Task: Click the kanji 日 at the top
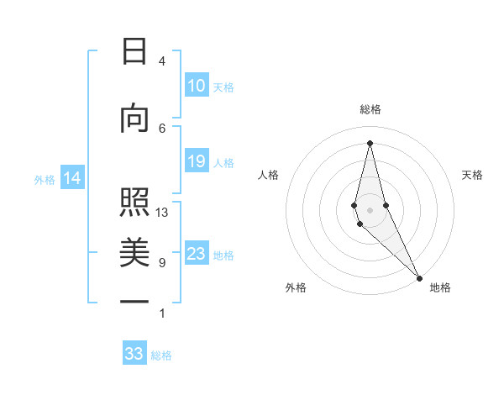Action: [134, 53]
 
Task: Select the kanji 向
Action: [134, 119]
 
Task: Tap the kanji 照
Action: [134, 203]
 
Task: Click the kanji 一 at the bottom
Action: [134, 302]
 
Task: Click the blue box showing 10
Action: [197, 86]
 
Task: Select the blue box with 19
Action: [197, 161]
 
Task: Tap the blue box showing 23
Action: [197, 254]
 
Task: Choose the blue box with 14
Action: [71, 178]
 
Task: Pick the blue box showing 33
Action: [134, 354]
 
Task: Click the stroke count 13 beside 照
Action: [162, 213]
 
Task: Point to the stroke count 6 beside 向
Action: [162, 128]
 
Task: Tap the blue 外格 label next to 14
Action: [45, 179]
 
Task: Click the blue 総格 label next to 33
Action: [161, 355]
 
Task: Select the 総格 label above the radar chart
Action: [370, 109]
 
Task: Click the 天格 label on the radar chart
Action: [472, 175]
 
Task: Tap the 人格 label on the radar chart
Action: [268, 175]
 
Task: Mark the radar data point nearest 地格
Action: [419, 276]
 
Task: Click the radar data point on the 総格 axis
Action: [370, 142]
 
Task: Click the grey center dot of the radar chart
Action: [370, 208]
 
